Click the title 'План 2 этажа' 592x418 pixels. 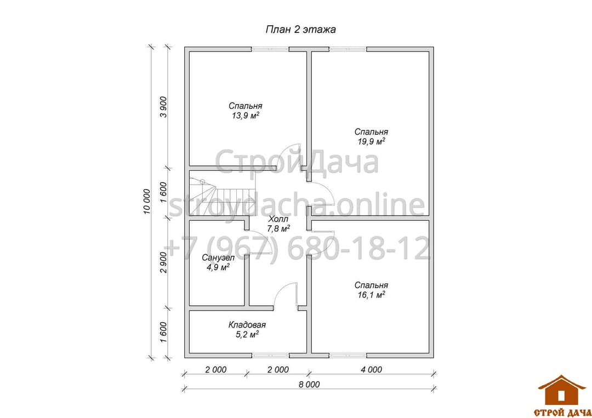click(x=300, y=30)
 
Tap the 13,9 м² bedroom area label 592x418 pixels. click(x=246, y=116)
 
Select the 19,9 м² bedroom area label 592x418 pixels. click(x=371, y=141)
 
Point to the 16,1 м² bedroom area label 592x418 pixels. click(x=371, y=295)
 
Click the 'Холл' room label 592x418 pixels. click(x=278, y=219)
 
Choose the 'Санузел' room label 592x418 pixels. click(x=218, y=258)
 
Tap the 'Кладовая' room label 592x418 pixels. click(x=247, y=325)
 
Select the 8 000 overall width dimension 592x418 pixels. click(x=309, y=385)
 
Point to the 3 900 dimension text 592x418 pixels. click(x=163, y=107)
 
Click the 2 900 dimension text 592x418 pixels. click(x=163, y=262)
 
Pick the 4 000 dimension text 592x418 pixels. click(x=371, y=370)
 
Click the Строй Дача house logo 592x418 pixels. click(x=562, y=396)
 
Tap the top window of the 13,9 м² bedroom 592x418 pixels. click(x=270, y=49)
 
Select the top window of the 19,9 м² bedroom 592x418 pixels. click(x=348, y=49)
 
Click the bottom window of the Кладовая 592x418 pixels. click(x=270, y=356)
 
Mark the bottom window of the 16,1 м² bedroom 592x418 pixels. click(x=348, y=356)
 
